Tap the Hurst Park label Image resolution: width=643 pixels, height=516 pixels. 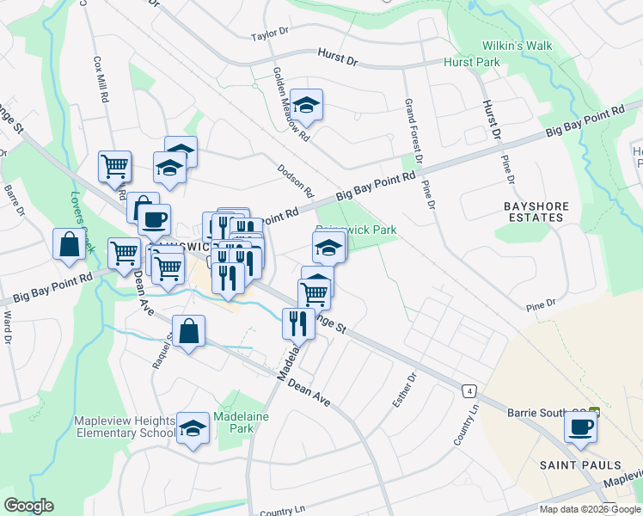click(x=472, y=63)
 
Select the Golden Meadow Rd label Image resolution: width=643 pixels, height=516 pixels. click(x=291, y=103)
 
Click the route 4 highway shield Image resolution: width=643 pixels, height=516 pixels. click(x=469, y=390)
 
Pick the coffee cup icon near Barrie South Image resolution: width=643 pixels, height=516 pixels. click(x=580, y=427)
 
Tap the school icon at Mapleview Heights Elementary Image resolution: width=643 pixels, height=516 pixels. click(x=193, y=427)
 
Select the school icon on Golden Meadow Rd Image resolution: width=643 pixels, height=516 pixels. click(x=306, y=105)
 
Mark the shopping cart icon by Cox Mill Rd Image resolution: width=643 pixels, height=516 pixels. click(x=114, y=166)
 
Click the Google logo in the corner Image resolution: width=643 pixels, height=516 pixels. click(x=28, y=506)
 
